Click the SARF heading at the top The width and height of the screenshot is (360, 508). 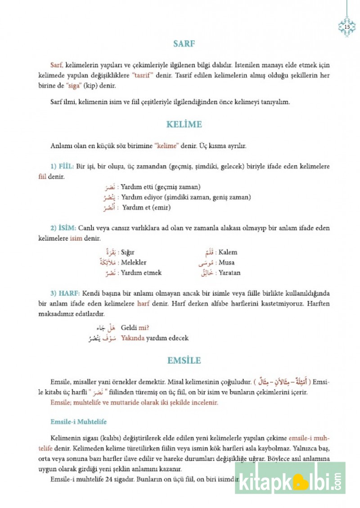184,44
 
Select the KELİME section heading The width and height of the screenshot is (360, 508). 184,125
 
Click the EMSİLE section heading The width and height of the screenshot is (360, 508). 184,360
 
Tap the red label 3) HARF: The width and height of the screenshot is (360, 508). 64,292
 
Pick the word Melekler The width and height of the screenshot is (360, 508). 134,263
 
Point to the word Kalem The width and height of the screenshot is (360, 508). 228,252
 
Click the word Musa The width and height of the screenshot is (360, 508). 226,263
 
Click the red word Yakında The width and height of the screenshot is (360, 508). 134,338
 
